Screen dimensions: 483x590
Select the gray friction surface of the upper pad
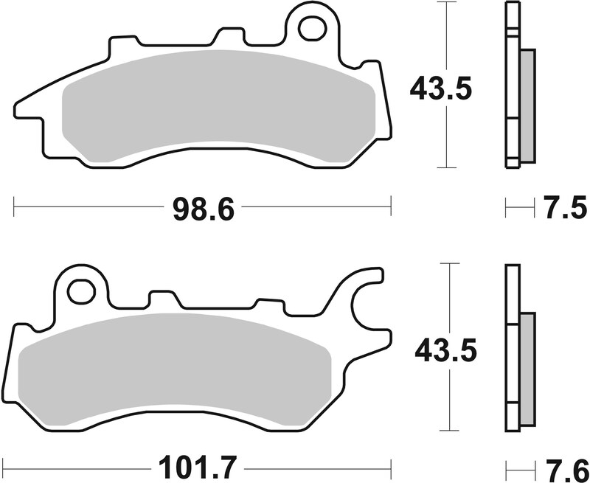[221, 103]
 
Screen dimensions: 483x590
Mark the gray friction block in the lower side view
[527, 369]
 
